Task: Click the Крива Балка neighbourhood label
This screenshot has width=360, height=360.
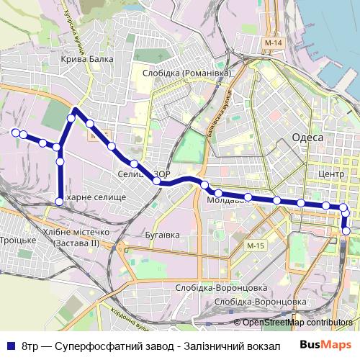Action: [88, 60]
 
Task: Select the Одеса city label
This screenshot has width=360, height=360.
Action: [307, 137]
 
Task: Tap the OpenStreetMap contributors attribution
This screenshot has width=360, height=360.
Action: [297, 323]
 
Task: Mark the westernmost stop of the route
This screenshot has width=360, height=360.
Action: [14, 132]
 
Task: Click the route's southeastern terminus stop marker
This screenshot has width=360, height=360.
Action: [346, 231]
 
